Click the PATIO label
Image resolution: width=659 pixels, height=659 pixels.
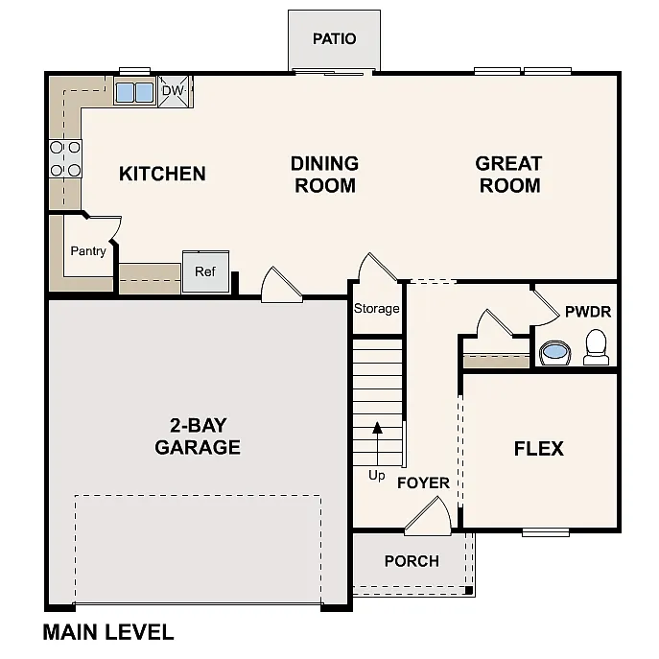coord(334,39)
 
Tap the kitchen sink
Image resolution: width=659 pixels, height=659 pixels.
coord(134,92)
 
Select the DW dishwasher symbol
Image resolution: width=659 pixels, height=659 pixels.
coord(173,91)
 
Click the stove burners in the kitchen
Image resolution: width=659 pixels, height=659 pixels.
coord(65,159)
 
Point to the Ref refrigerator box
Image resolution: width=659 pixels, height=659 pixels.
coord(205,271)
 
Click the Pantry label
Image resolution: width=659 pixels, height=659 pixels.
coord(88,251)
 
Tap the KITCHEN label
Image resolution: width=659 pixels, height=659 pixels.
coord(162,174)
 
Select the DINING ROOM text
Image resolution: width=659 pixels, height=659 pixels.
coord(324,175)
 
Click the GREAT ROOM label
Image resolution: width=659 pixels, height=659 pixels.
coord(508,175)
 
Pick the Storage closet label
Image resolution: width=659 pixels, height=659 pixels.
coord(376,309)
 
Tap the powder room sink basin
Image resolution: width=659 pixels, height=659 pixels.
coord(554,353)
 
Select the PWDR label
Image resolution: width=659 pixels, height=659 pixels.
coord(587,312)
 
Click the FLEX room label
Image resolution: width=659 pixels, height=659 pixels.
coord(538,449)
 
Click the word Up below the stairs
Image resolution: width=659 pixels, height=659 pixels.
coord(377,475)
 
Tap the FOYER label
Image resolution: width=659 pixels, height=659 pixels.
coord(423,482)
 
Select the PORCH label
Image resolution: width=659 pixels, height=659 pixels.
coord(412,561)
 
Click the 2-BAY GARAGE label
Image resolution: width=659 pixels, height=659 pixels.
coord(198,436)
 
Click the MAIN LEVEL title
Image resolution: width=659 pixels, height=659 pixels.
coord(108,632)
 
